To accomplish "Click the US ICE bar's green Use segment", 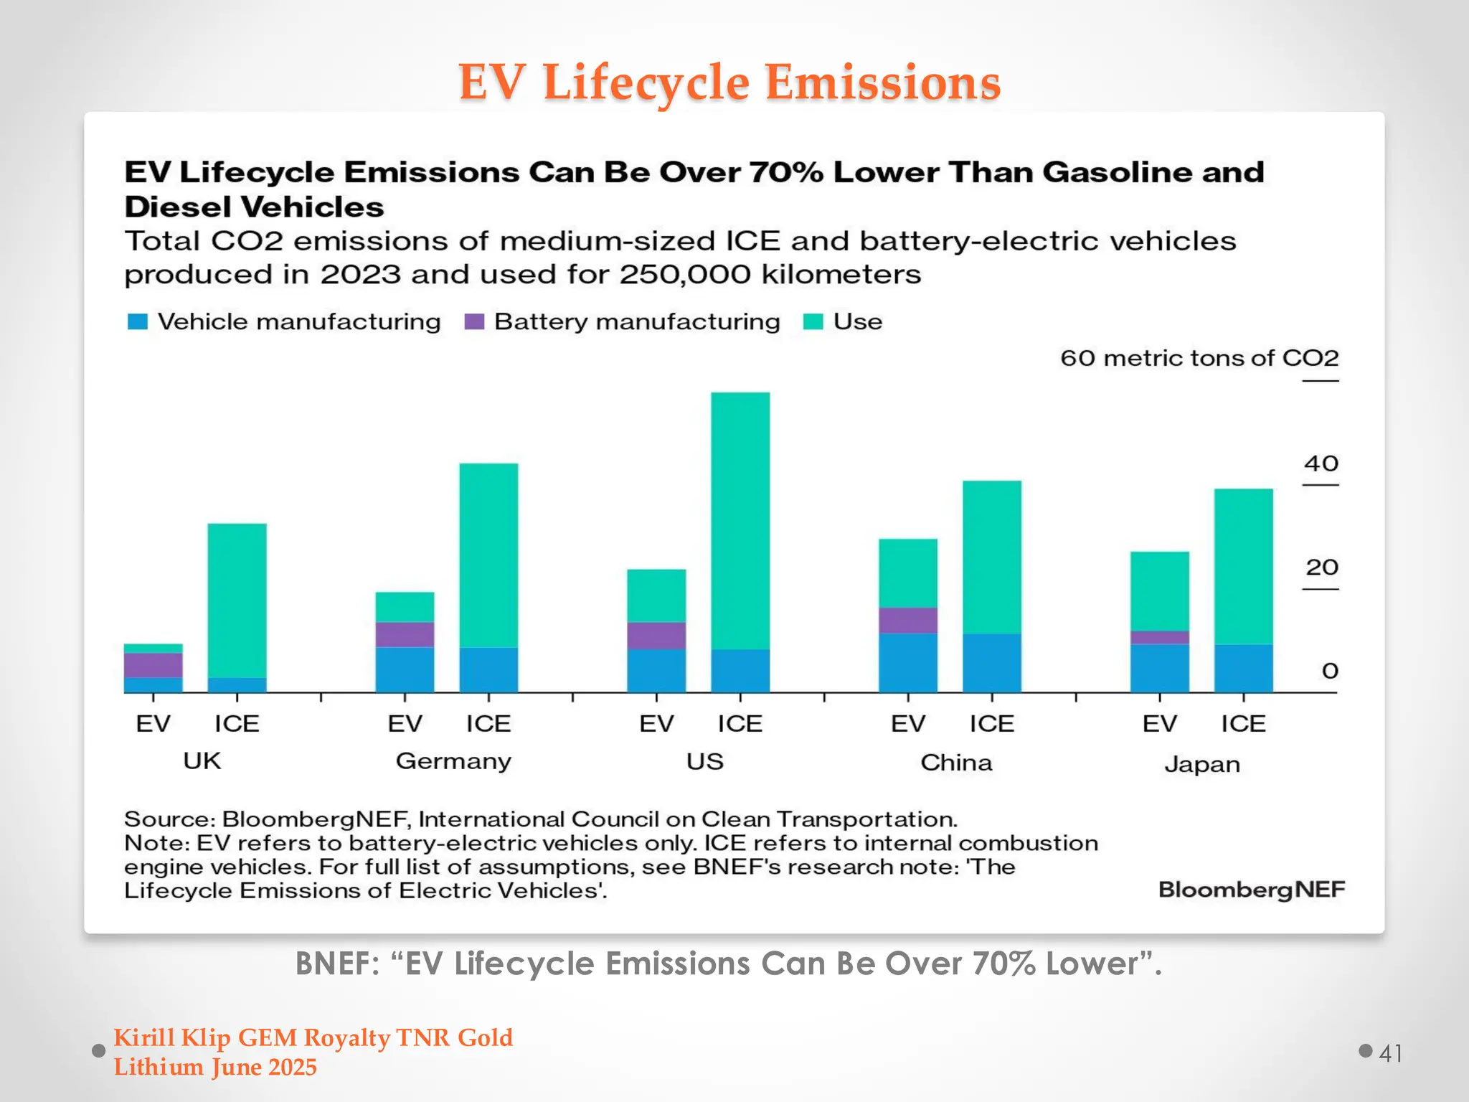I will tap(740, 520).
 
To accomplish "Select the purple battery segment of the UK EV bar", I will tap(153, 665).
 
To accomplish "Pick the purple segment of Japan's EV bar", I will tap(1159, 637).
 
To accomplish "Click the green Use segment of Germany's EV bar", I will tap(405, 607).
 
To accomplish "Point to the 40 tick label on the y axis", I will tap(1321, 463).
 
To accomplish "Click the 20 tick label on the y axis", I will tap(1321, 568).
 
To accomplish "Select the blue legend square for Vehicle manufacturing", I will tap(137, 321).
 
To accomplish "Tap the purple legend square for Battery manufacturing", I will tap(474, 321).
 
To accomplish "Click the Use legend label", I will tap(857, 321).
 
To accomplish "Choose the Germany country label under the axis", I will tap(453, 761).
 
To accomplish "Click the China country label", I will tap(956, 763).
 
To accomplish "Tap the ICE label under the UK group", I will tap(237, 723).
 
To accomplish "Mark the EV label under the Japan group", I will tap(1159, 723).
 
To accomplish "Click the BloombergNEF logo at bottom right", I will tap(1251, 890).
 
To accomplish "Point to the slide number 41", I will tap(1390, 1053).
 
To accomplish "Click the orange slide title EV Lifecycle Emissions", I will tap(729, 82).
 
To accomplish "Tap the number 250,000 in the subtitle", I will tap(684, 275).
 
